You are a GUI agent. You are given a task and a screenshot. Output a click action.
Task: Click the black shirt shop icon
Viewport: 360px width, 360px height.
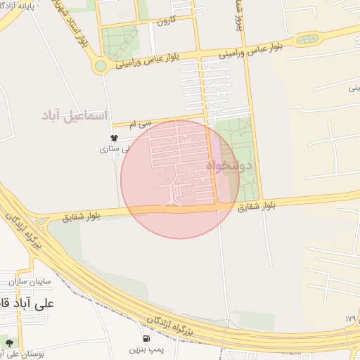tap(114, 138)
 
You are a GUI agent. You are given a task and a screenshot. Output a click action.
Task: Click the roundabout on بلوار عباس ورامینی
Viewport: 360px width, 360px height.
tap(101, 66)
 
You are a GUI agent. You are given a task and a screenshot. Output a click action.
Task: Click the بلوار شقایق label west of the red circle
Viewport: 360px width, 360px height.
tap(76, 217)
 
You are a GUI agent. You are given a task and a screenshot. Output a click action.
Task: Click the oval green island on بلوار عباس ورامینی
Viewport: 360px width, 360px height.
tap(306, 40)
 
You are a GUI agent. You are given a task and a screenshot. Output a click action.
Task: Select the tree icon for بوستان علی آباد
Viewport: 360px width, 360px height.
tap(9, 343)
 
